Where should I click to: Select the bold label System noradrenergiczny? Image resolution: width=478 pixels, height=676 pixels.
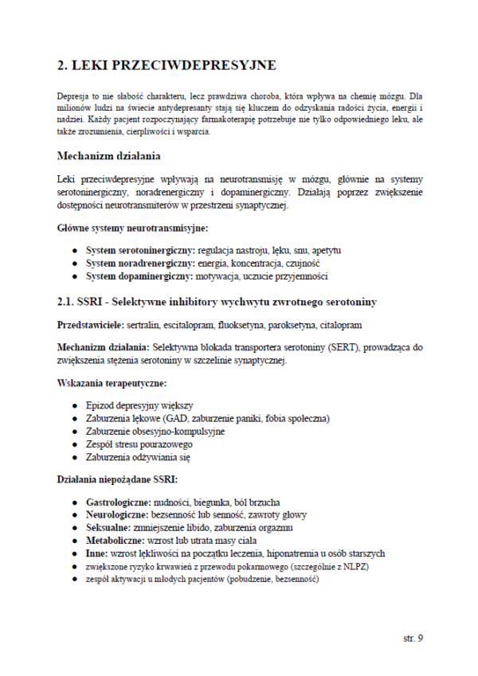pos(135,264)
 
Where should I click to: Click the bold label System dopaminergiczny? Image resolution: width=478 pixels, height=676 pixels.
pos(134,276)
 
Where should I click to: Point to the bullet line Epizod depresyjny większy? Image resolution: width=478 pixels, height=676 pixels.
pos(139,405)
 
